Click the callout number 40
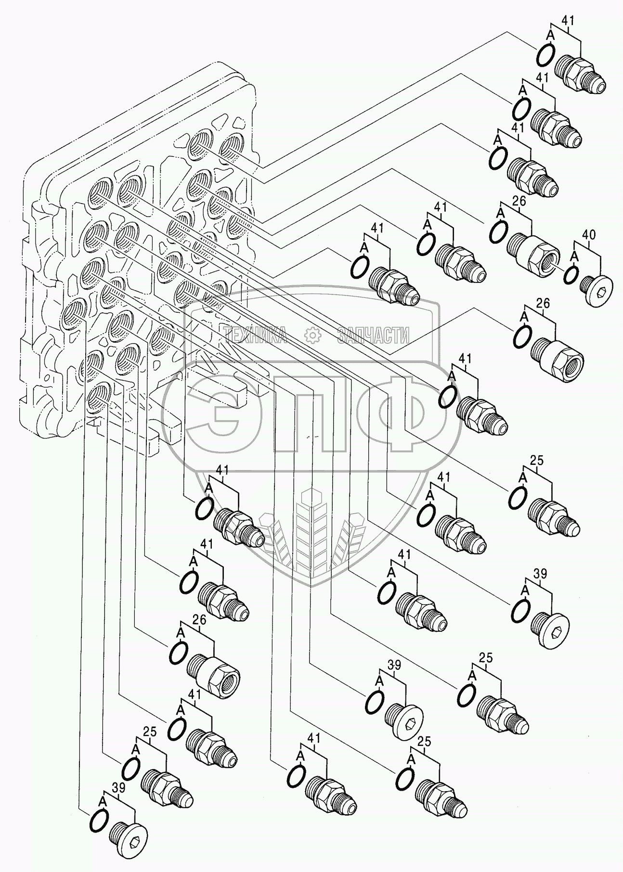coord(589,235)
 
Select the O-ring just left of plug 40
coord(571,274)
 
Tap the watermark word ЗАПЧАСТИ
coord(373,335)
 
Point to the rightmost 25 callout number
coord(537,461)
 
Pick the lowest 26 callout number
coord(199,620)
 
